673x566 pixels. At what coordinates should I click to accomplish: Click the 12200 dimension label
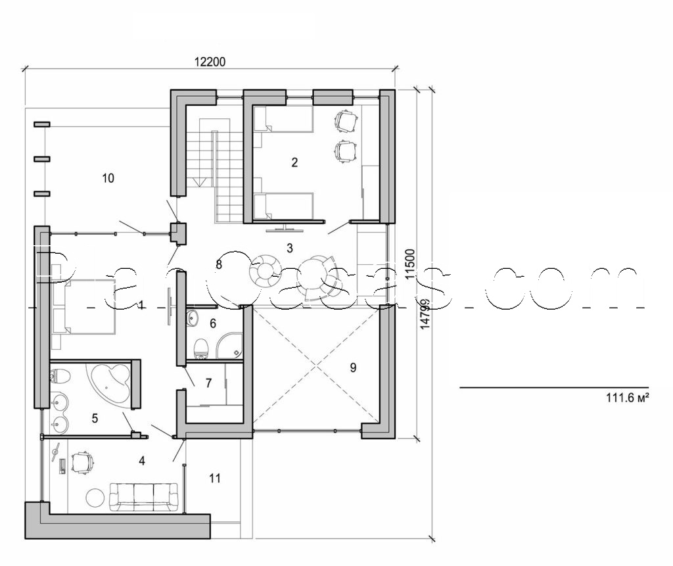pyautogui.click(x=210, y=62)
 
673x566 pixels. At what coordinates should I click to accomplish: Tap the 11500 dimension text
pyautogui.click(x=410, y=264)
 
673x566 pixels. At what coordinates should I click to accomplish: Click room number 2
pyautogui.click(x=294, y=162)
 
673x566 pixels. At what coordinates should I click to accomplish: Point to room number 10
pyautogui.click(x=108, y=177)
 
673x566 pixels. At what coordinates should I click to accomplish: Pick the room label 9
pyautogui.click(x=353, y=367)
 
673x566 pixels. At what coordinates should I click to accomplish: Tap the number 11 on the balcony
pyautogui.click(x=215, y=479)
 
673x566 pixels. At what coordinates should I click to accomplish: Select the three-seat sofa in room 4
pyautogui.click(x=143, y=496)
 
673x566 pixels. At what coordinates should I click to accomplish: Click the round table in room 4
pyautogui.click(x=95, y=498)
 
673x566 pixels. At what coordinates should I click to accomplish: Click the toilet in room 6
pyautogui.click(x=202, y=348)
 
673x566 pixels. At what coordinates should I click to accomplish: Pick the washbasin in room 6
pyautogui.click(x=192, y=319)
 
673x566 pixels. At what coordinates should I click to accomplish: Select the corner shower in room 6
pyautogui.click(x=231, y=345)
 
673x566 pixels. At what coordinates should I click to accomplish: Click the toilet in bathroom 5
pyautogui.click(x=59, y=378)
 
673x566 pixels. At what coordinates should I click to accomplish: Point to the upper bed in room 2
pyautogui.click(x=283, y=120)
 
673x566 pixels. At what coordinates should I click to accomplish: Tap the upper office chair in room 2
pyautogui.click(x=346, y=121)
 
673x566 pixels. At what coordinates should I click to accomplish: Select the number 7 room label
pyautogui.click(x=208, y=383)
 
